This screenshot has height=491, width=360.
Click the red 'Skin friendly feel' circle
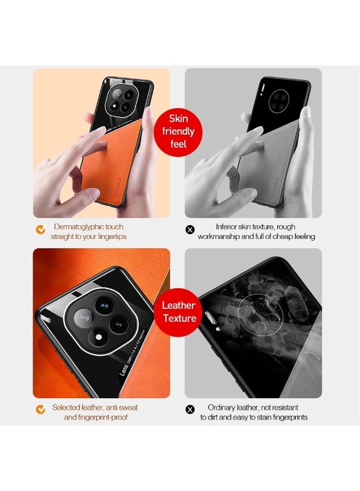coord(177,131)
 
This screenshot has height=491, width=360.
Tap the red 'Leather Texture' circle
coord(178,312)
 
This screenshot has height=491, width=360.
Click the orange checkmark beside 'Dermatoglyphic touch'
coord(40,230)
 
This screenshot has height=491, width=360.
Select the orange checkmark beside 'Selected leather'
coord(40,409)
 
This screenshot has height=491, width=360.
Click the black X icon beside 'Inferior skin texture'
coord(190,230)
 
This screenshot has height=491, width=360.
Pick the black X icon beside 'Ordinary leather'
coord(190,410)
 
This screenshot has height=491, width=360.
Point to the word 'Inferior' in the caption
coord(228,226)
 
